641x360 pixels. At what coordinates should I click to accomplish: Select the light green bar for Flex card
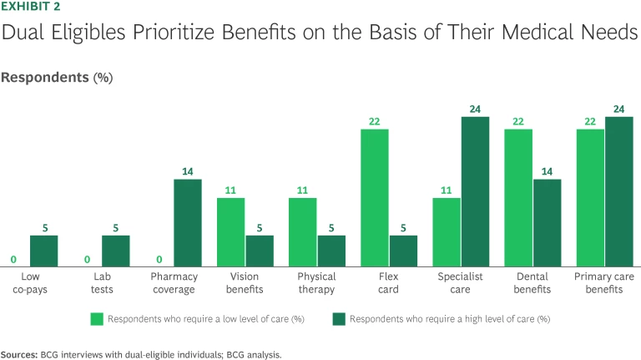pos(375,196)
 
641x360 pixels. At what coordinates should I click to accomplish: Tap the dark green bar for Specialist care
pos(475,190)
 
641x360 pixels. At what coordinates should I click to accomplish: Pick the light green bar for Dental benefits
pos(518,196)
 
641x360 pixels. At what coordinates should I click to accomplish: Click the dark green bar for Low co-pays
pos(44,249)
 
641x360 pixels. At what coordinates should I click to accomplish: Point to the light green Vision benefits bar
pos(231,230)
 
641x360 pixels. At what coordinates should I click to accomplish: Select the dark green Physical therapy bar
pos(331,249)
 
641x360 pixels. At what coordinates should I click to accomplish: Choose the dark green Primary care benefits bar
pos(618,190)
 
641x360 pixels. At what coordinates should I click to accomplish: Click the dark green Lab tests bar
pos(116,249)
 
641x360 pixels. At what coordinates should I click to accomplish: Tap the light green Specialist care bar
pos(447,230)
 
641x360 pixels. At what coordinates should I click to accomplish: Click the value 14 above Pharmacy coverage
pos(188,173)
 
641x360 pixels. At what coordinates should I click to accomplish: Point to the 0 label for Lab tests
pos(88,260)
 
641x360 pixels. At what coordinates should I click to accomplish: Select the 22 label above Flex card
pos(375,123)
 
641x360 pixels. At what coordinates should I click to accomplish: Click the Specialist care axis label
pos(461,283)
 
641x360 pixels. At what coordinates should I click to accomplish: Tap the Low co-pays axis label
pos(30,283)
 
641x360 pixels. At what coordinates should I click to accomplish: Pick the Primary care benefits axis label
pos(604,283)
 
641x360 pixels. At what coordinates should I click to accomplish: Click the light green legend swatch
pos(98,318)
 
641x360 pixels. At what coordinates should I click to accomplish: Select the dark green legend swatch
pos(339,318)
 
